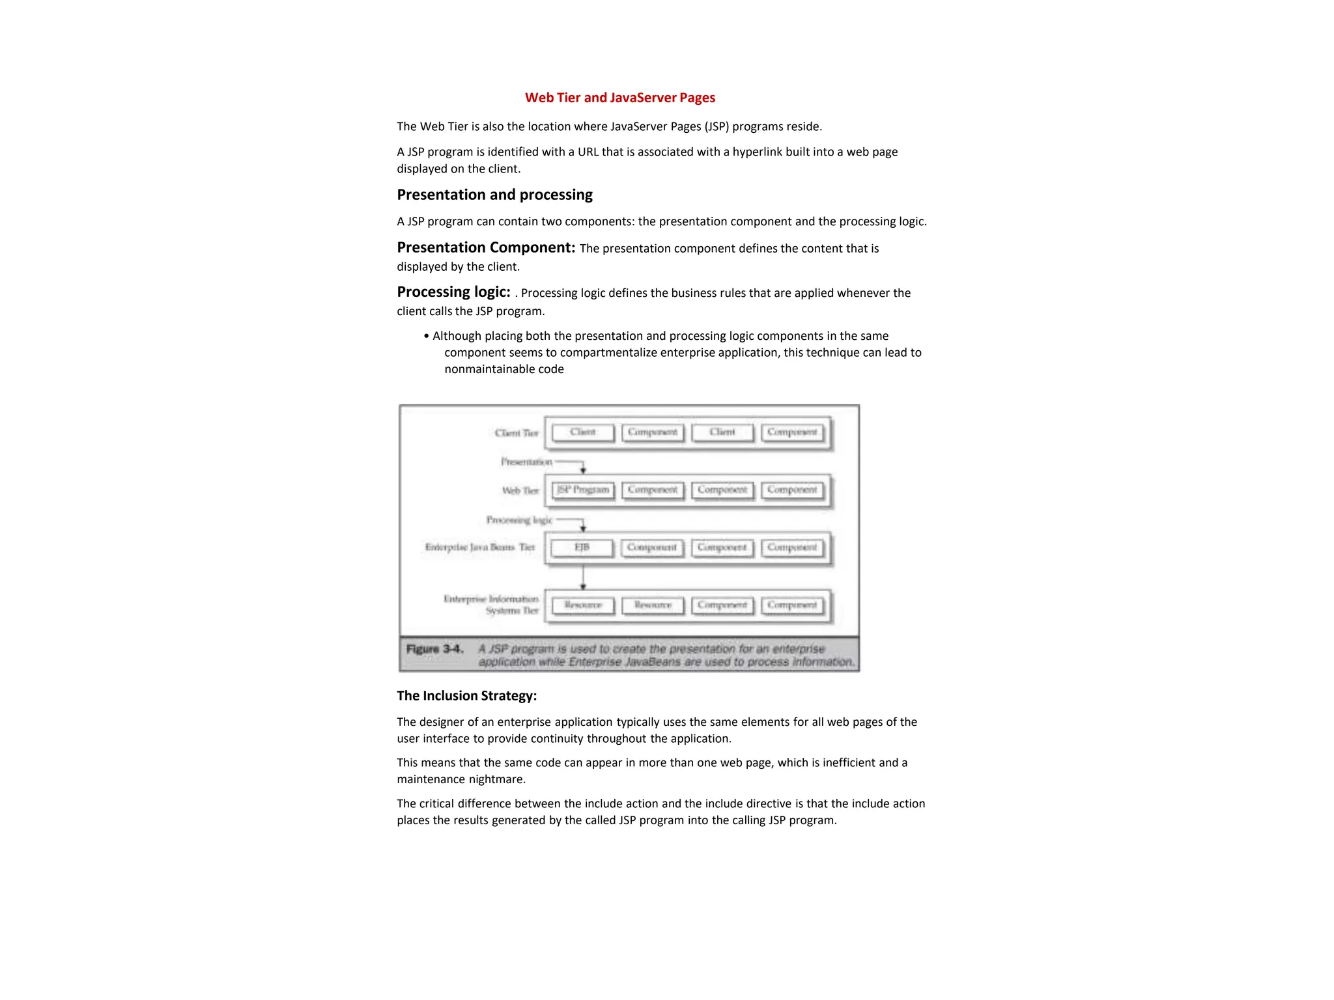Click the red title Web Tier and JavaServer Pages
click(x=619, y=98)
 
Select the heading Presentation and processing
click(x=494, y=195)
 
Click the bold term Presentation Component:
click(x=486, y=247)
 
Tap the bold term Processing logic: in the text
click(x=453, y=292)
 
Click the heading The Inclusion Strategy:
click(x=466, y=695)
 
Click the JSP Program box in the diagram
click(x=583, y=490)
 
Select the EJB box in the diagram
click(x=582, y=548)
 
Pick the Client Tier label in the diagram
click(x=516, y=433)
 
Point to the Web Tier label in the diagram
click(x=520, y=490)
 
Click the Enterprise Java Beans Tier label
click(x=479, y=548)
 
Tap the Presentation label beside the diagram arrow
click(x=526, y=462)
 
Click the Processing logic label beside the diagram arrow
click(x=519, y=520)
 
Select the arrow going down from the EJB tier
click(x=583, y=577)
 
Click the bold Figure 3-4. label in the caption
click(x=434, y=649)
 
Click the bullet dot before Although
click(x=427, y=336)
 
